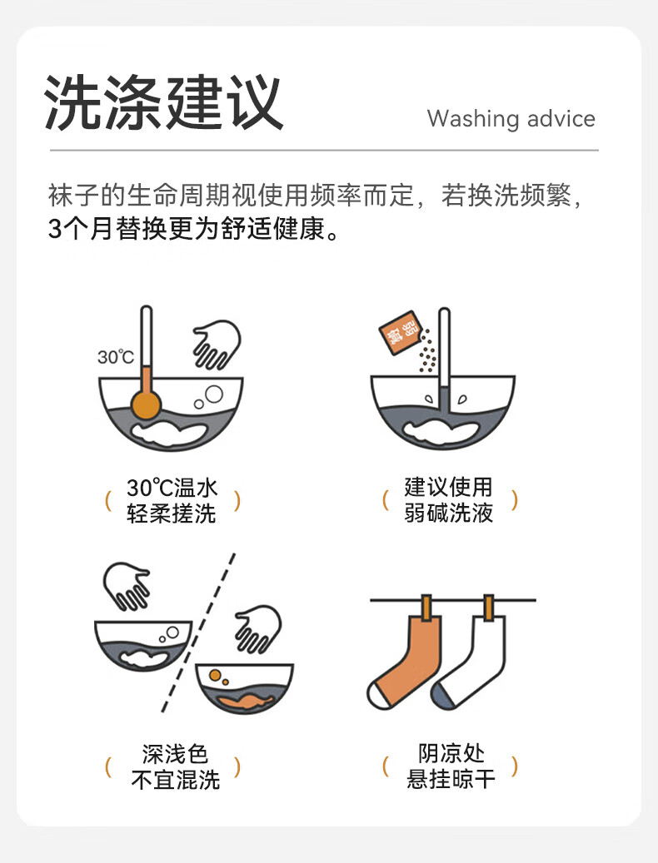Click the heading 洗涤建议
click(163, 102)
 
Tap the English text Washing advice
click(511, 118)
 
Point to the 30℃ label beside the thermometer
click(116, 357)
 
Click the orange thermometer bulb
click(146, 404)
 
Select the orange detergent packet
click(399, 332)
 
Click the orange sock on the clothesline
click(407, 661)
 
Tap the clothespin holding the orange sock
click(426, 608)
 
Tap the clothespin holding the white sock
click(488, 608)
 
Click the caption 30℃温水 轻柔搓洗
click(172, 500)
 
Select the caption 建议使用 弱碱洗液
click(448, 500)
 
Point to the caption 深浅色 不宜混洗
click(175, 766)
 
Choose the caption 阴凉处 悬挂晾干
click(451, 766)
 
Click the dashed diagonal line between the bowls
click(199, 632)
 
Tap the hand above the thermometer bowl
click(217, 345)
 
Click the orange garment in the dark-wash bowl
click(245, 701)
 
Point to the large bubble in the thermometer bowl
click(214, 394)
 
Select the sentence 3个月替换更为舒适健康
click(193, 228)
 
